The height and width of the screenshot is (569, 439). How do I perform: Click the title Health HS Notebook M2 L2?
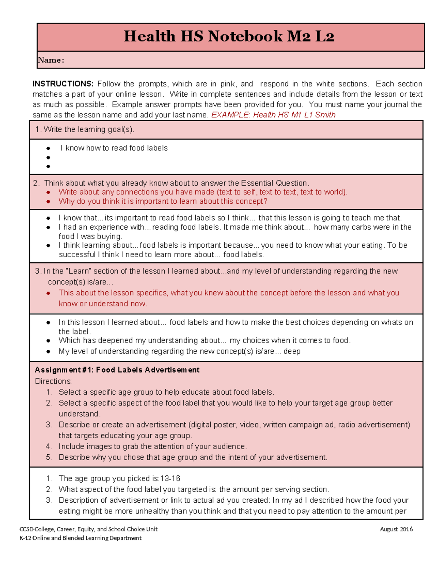tap(229, 37)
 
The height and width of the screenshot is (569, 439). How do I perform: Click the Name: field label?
tap(51, 60)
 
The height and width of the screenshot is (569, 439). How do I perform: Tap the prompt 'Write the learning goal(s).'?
tap(89, 130)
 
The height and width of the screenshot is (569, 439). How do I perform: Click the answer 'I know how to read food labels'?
tap(114, 148)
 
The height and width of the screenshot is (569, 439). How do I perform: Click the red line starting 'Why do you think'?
tap(163, 202)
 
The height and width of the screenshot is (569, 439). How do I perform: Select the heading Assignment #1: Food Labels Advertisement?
tap(117, 370)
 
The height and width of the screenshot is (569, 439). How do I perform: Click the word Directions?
tap(53, 381)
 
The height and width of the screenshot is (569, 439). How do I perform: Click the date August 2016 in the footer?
tap(396, 529)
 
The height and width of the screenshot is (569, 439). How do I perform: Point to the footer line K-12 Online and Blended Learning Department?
tap(80, 538)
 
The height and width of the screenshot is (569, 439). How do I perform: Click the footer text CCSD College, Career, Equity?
tap(89, 529)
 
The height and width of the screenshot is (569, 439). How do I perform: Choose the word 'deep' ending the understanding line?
tap(292, 351)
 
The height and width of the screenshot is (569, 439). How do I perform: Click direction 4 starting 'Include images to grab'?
tap(153, 447)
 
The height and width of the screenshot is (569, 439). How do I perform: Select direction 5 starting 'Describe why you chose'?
tap(193, 458)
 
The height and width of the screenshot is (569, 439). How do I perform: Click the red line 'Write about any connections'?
tap(203, 192)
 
